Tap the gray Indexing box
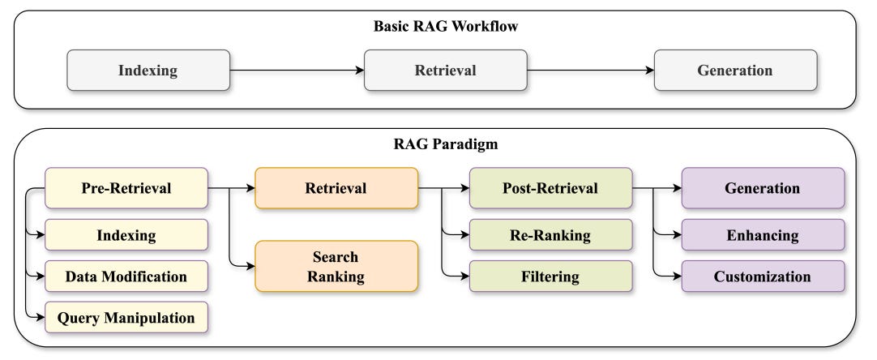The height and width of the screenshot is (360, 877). (148, 70)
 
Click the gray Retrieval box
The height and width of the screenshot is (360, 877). (445, 70)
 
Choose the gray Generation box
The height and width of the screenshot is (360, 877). (735, 70)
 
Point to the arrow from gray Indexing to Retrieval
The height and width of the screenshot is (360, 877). (297, 71)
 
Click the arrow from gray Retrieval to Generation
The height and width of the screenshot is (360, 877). (590, 71)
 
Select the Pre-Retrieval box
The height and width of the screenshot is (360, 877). (126, 188)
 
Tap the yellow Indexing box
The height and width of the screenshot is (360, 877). (126, 235)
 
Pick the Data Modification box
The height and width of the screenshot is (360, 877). (126, 276)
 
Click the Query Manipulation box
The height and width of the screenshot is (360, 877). (126, 318)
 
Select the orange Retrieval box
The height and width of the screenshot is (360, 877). (336, 188)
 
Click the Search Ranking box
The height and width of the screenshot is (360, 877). (336, 266)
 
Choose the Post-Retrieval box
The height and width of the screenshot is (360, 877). (550, 188)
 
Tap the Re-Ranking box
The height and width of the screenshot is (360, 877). (550, 235)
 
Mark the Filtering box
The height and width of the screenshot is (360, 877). (550, 276)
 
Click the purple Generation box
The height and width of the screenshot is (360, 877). (762, 188)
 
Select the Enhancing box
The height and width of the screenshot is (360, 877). (762, 235)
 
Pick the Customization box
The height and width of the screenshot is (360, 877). (762, 276)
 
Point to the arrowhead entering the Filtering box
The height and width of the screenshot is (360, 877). (465, 276)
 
